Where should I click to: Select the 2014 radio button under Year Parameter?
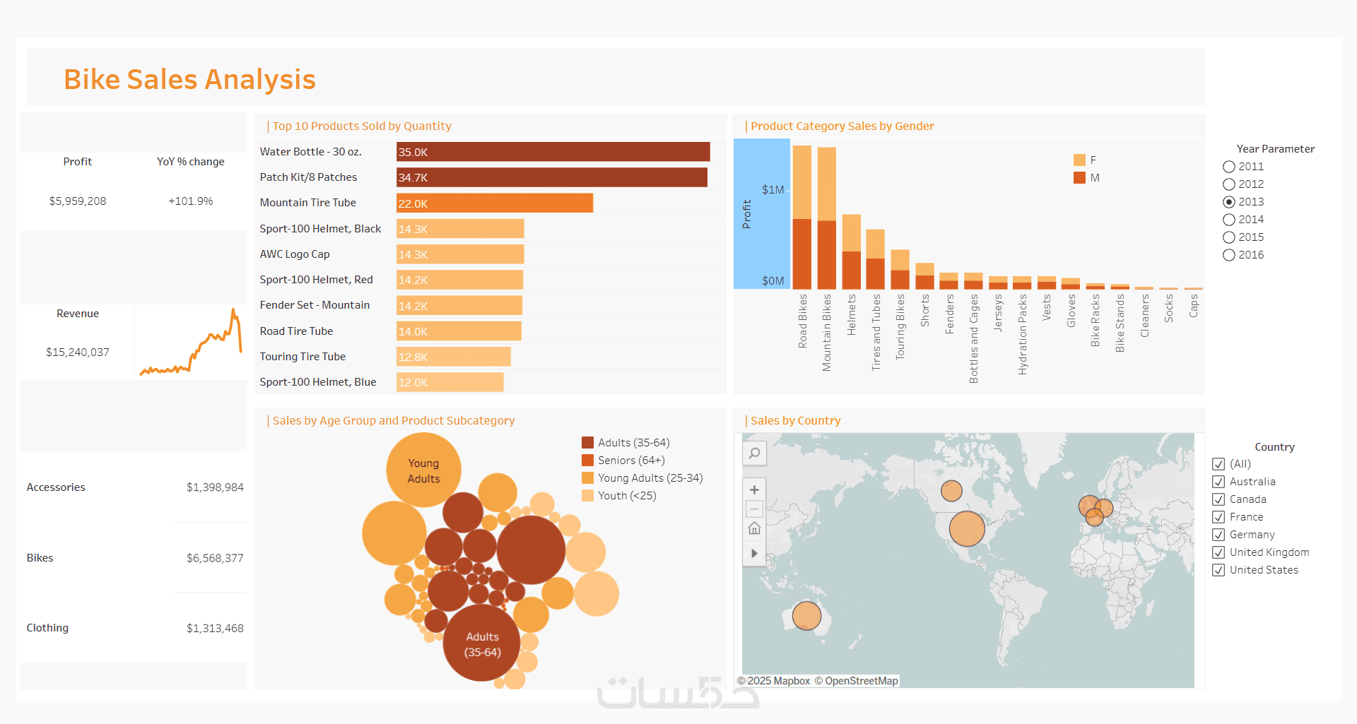click(1229, 220)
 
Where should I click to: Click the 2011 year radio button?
click(1229, 167)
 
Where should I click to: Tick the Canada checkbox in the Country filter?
click(1218, 499)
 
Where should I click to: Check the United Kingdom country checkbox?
click(1218, 552)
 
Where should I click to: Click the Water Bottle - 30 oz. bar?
click(553, 152)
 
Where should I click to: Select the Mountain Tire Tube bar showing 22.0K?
click(494, 203)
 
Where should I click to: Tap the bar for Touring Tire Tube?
click(453, 357)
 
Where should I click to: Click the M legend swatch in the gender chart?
click(1079, 178)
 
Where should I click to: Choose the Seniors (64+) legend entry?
click(630, 461)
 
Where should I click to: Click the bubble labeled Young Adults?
click(423, 470)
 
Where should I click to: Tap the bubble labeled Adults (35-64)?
click(482, 643)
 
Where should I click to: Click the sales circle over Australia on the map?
click(806, 616)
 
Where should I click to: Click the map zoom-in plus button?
click(754, 489)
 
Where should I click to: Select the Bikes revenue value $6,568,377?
click(215, 558)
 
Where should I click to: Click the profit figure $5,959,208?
click(78, 201)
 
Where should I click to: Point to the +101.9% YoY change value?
click(190, 201)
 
